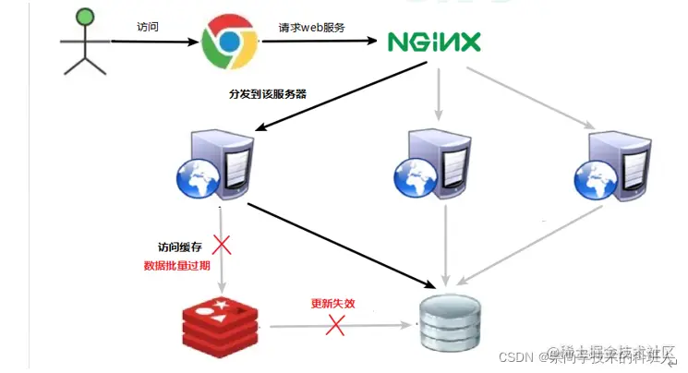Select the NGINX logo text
[433, 42]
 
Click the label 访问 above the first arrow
[147, 27]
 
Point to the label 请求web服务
[311, 28]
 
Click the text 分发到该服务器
[268, 94]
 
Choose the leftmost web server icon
[213, 164]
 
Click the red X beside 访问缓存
[221, 246]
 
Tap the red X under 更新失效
[335, 324]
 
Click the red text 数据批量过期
[179, 265]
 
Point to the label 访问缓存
[179, 247]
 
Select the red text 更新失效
[333, 303]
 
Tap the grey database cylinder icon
[449, 322]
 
